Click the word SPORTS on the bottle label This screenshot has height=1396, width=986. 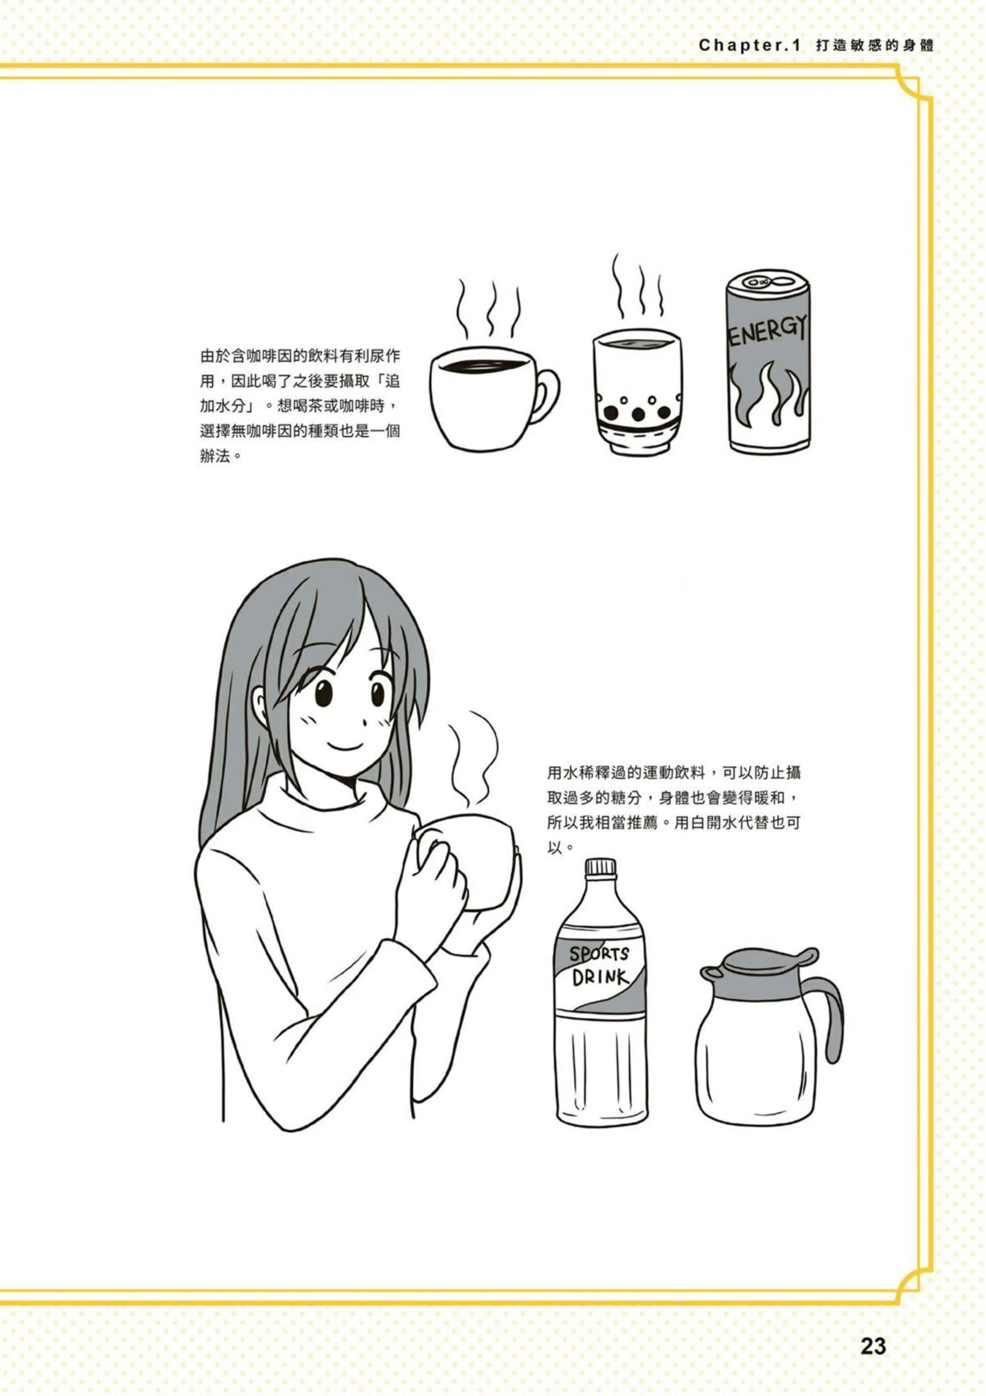point(599,954)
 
